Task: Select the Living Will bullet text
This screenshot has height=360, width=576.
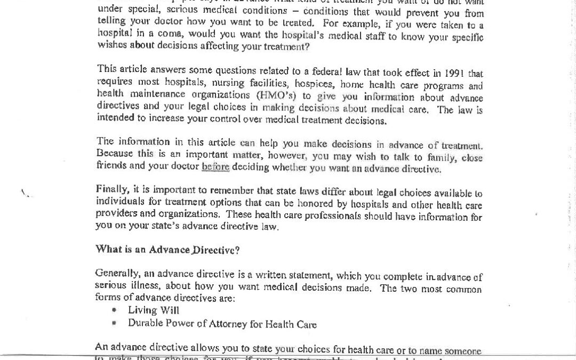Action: [154, 310]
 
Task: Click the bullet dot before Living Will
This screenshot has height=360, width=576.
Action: [114, 310]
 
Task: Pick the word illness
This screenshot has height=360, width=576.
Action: [141, 286]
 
